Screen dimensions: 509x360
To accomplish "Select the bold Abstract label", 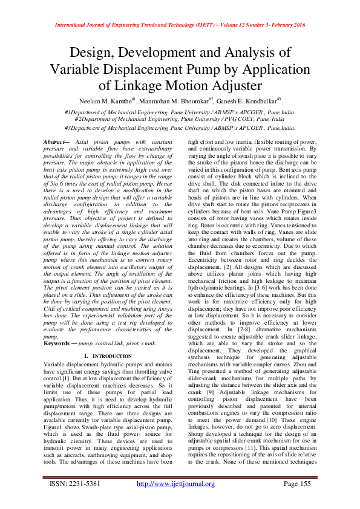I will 57,141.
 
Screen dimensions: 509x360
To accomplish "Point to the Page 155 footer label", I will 296,484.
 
